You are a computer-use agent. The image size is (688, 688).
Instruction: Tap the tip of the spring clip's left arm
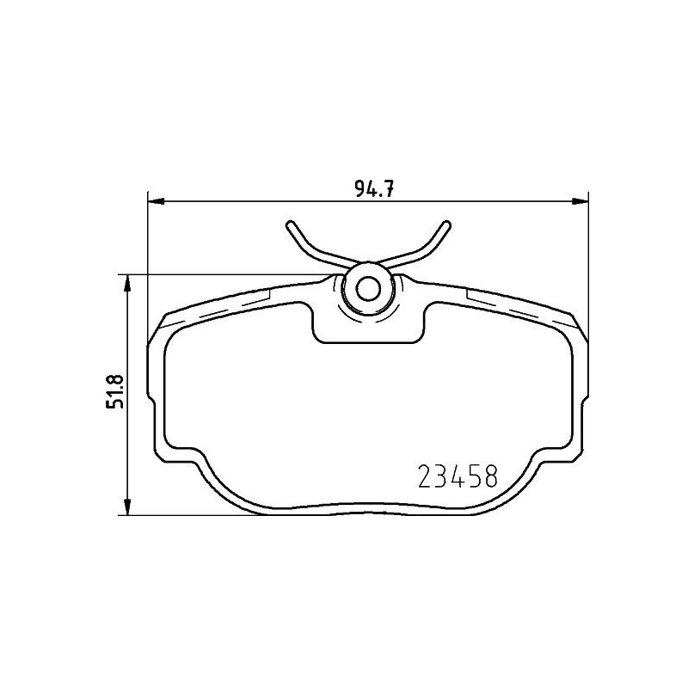(x=291, y=224)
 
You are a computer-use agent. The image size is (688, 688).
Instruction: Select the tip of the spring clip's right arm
(x=445, y=224)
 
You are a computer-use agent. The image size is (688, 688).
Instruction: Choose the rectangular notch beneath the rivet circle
(x=368, y=331)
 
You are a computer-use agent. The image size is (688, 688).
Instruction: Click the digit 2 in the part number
(x=424, y=476)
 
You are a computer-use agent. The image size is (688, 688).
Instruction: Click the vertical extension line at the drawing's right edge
(x=588, y=258)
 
